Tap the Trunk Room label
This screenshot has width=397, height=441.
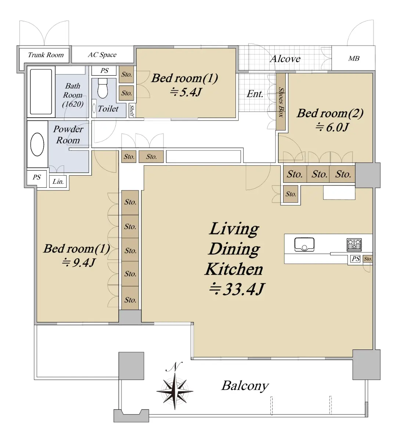click(x=46, y=55)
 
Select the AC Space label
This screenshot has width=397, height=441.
click(x=102, y=55)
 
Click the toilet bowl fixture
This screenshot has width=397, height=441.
click(x=102, y=88)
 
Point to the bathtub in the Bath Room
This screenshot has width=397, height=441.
click(x=41, y=92)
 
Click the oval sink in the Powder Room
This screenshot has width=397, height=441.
click(x=37, y=144)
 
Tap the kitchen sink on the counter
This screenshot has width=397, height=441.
click(x=304, y=244)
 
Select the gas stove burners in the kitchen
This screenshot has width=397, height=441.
click(x=354, y=245)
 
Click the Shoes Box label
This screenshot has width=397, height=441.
click(x=281, y=102)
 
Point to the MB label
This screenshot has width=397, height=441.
click(x=354, y=58)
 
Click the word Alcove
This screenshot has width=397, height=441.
click(x=285, y=59)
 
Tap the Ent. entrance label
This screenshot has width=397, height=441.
click(x=255, y=94)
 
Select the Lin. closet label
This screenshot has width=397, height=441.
click(x=58, y=182)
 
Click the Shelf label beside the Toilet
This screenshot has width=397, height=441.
click(x=132, y=111)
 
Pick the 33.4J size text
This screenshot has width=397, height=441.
click(x=237, y=289)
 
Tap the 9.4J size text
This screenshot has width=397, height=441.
click(x=79, y=262)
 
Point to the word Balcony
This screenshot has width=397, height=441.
click(x=245, y=386)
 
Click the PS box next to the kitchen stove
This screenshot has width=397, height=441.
click(x=355, y=259)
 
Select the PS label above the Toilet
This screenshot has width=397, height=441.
click(x=104, y=70)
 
